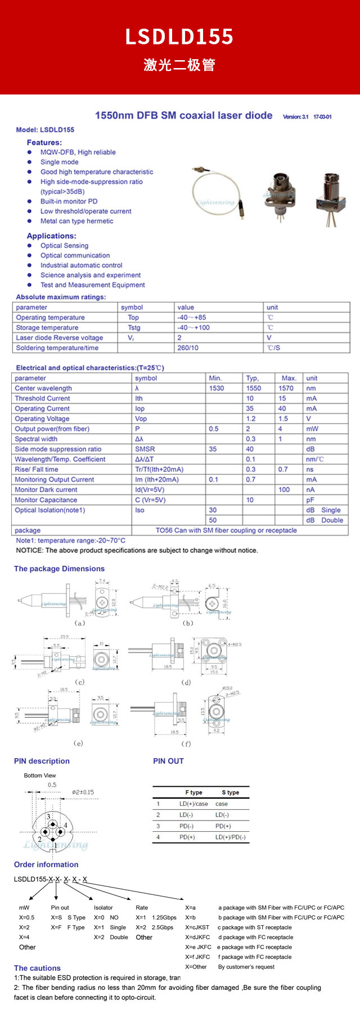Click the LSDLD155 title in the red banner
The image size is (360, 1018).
pyautogui.click(x=179, y=37)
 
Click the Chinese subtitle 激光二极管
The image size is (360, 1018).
pyautogui.click(x=179, y=65)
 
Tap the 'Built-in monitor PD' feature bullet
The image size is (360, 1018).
pyautogui.click(x=69, y=201)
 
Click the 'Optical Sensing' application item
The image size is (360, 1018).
pyautogui.click(x=64, y=246)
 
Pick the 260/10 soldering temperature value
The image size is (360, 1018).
pyautogui.click(x=188, y=348)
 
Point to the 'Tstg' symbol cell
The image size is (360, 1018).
pyautogui.click(x=134, y=328)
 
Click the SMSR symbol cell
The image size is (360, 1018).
pyautogui.click(x=145, y=449)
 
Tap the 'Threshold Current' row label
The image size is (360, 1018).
pyautogui.click(x=42, y=399)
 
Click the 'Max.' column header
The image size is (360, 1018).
pyautogui.click(x=289, y=379)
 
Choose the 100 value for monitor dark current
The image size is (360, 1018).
pyautogui.click(x=284, y=490)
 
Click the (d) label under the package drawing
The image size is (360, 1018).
pyautogui.click(x=186, y=683)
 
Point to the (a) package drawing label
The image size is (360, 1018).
pyautogui.click(x=80, y=623)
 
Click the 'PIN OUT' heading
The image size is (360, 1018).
pyautogui.click(x=168, y=762)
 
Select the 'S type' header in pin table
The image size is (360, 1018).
pyautogui.click(x=230, y=792)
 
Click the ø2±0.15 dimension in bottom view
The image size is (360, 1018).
pyautogui.click(x=83, y=792)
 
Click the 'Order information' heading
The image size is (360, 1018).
pyautogui.click(x=46, y=865)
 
